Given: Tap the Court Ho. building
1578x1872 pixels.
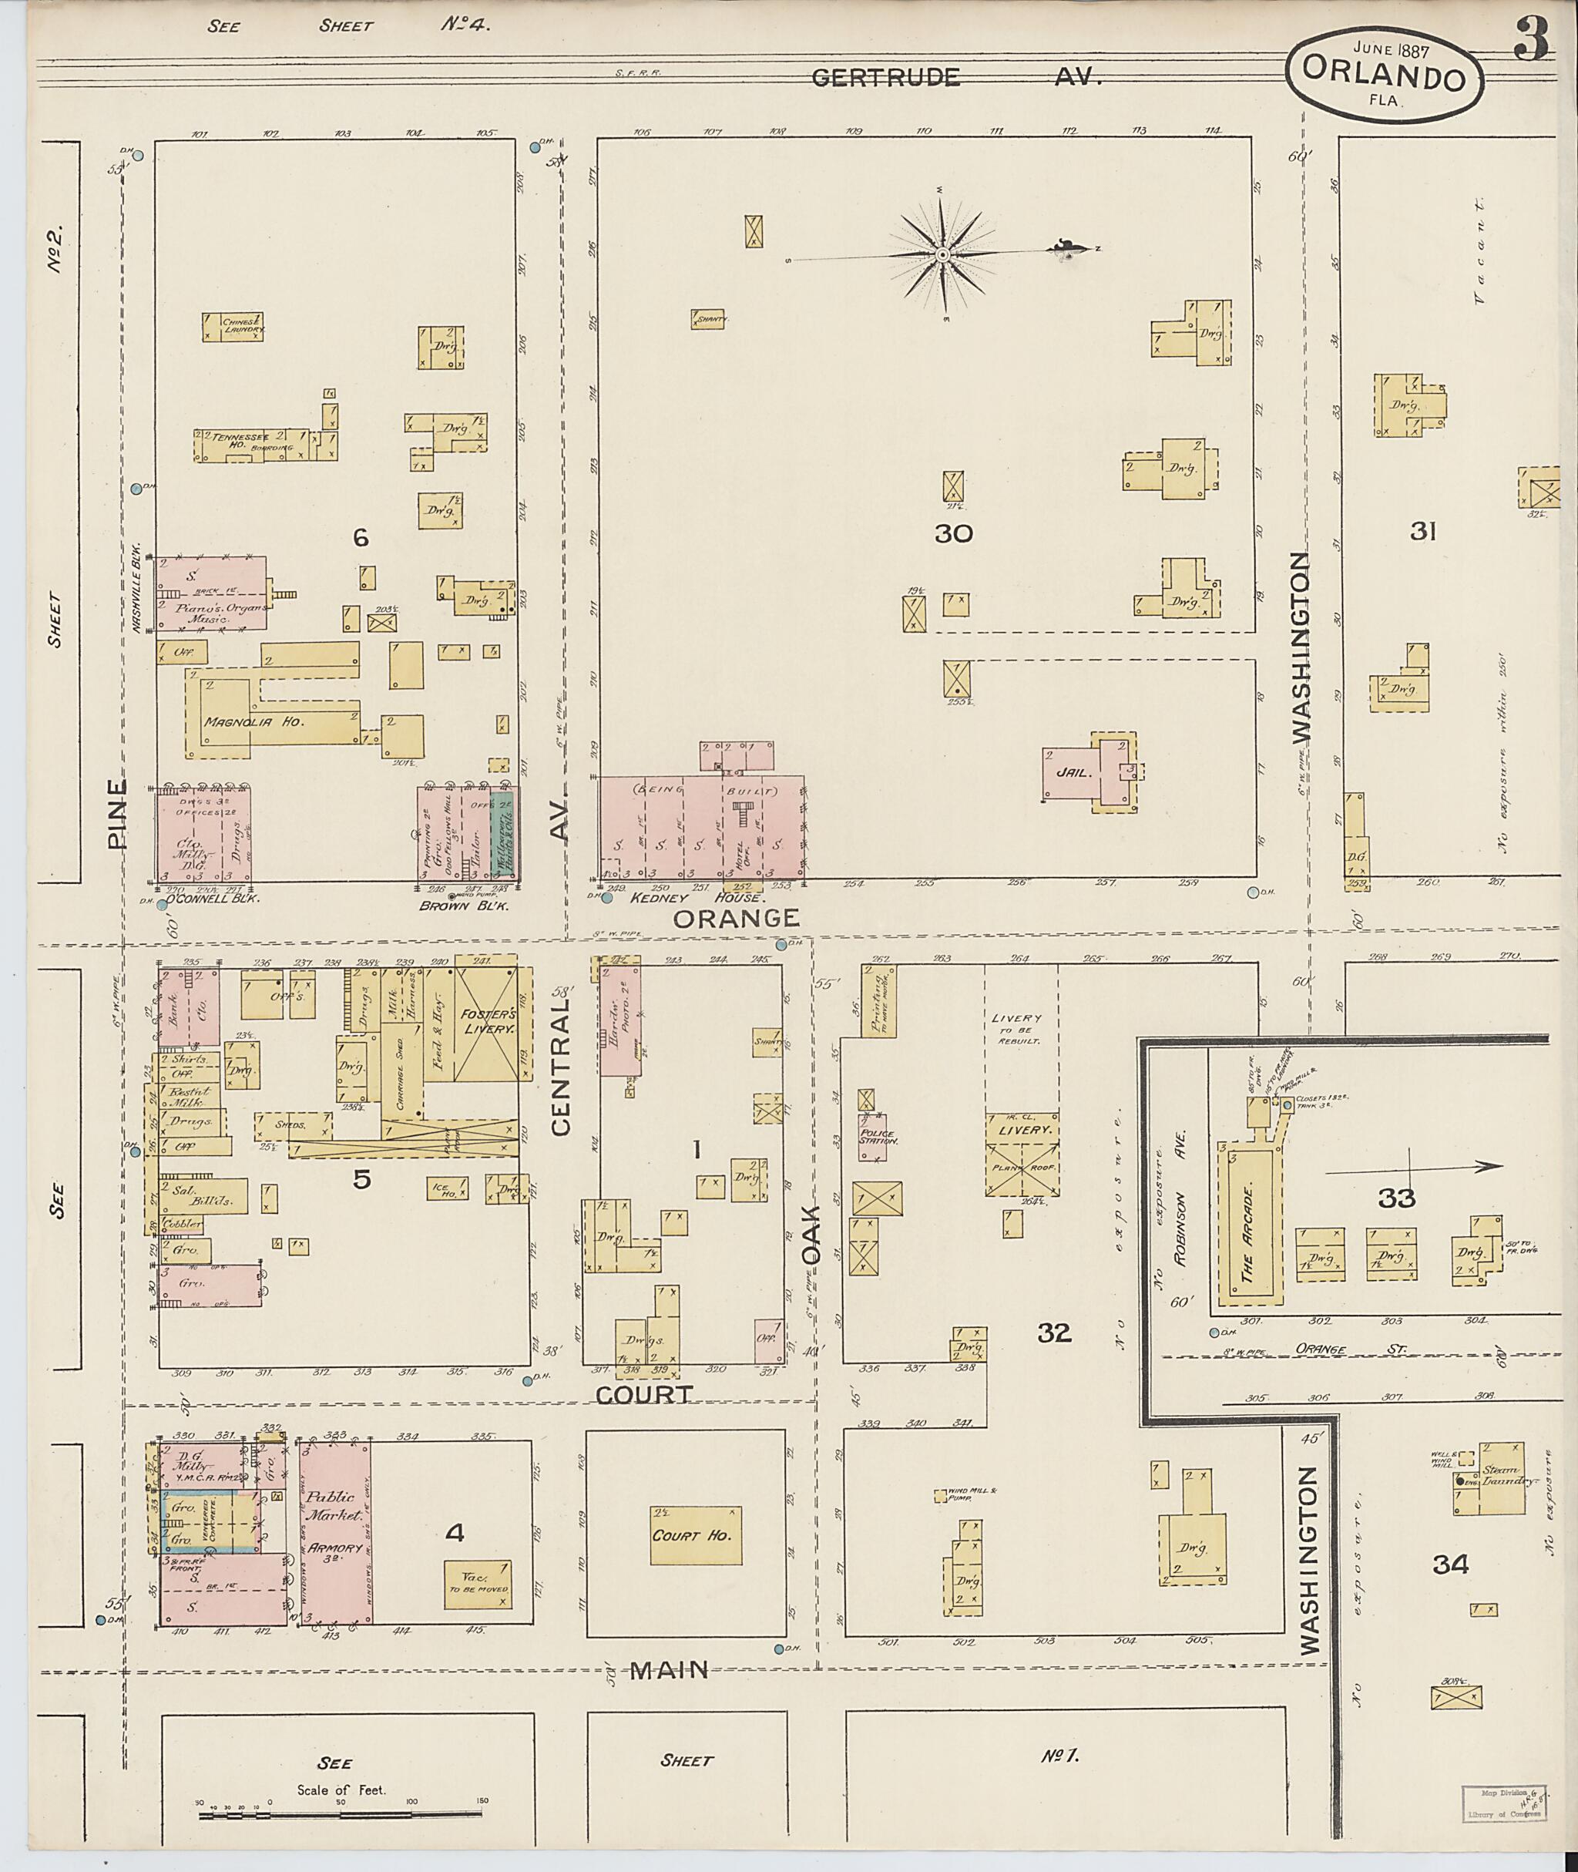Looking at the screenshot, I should click(x=695, y=1534).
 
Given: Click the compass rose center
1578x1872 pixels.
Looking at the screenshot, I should click(x=942, y=256).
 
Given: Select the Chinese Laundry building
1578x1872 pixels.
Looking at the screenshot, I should click(x=233, y=327).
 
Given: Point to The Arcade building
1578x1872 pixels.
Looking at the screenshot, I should click(x=1248, y=1227).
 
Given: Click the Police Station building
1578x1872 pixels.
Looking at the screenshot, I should click(x=873, y=1138).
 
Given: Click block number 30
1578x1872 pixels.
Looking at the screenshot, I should click(x=952, y=534).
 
